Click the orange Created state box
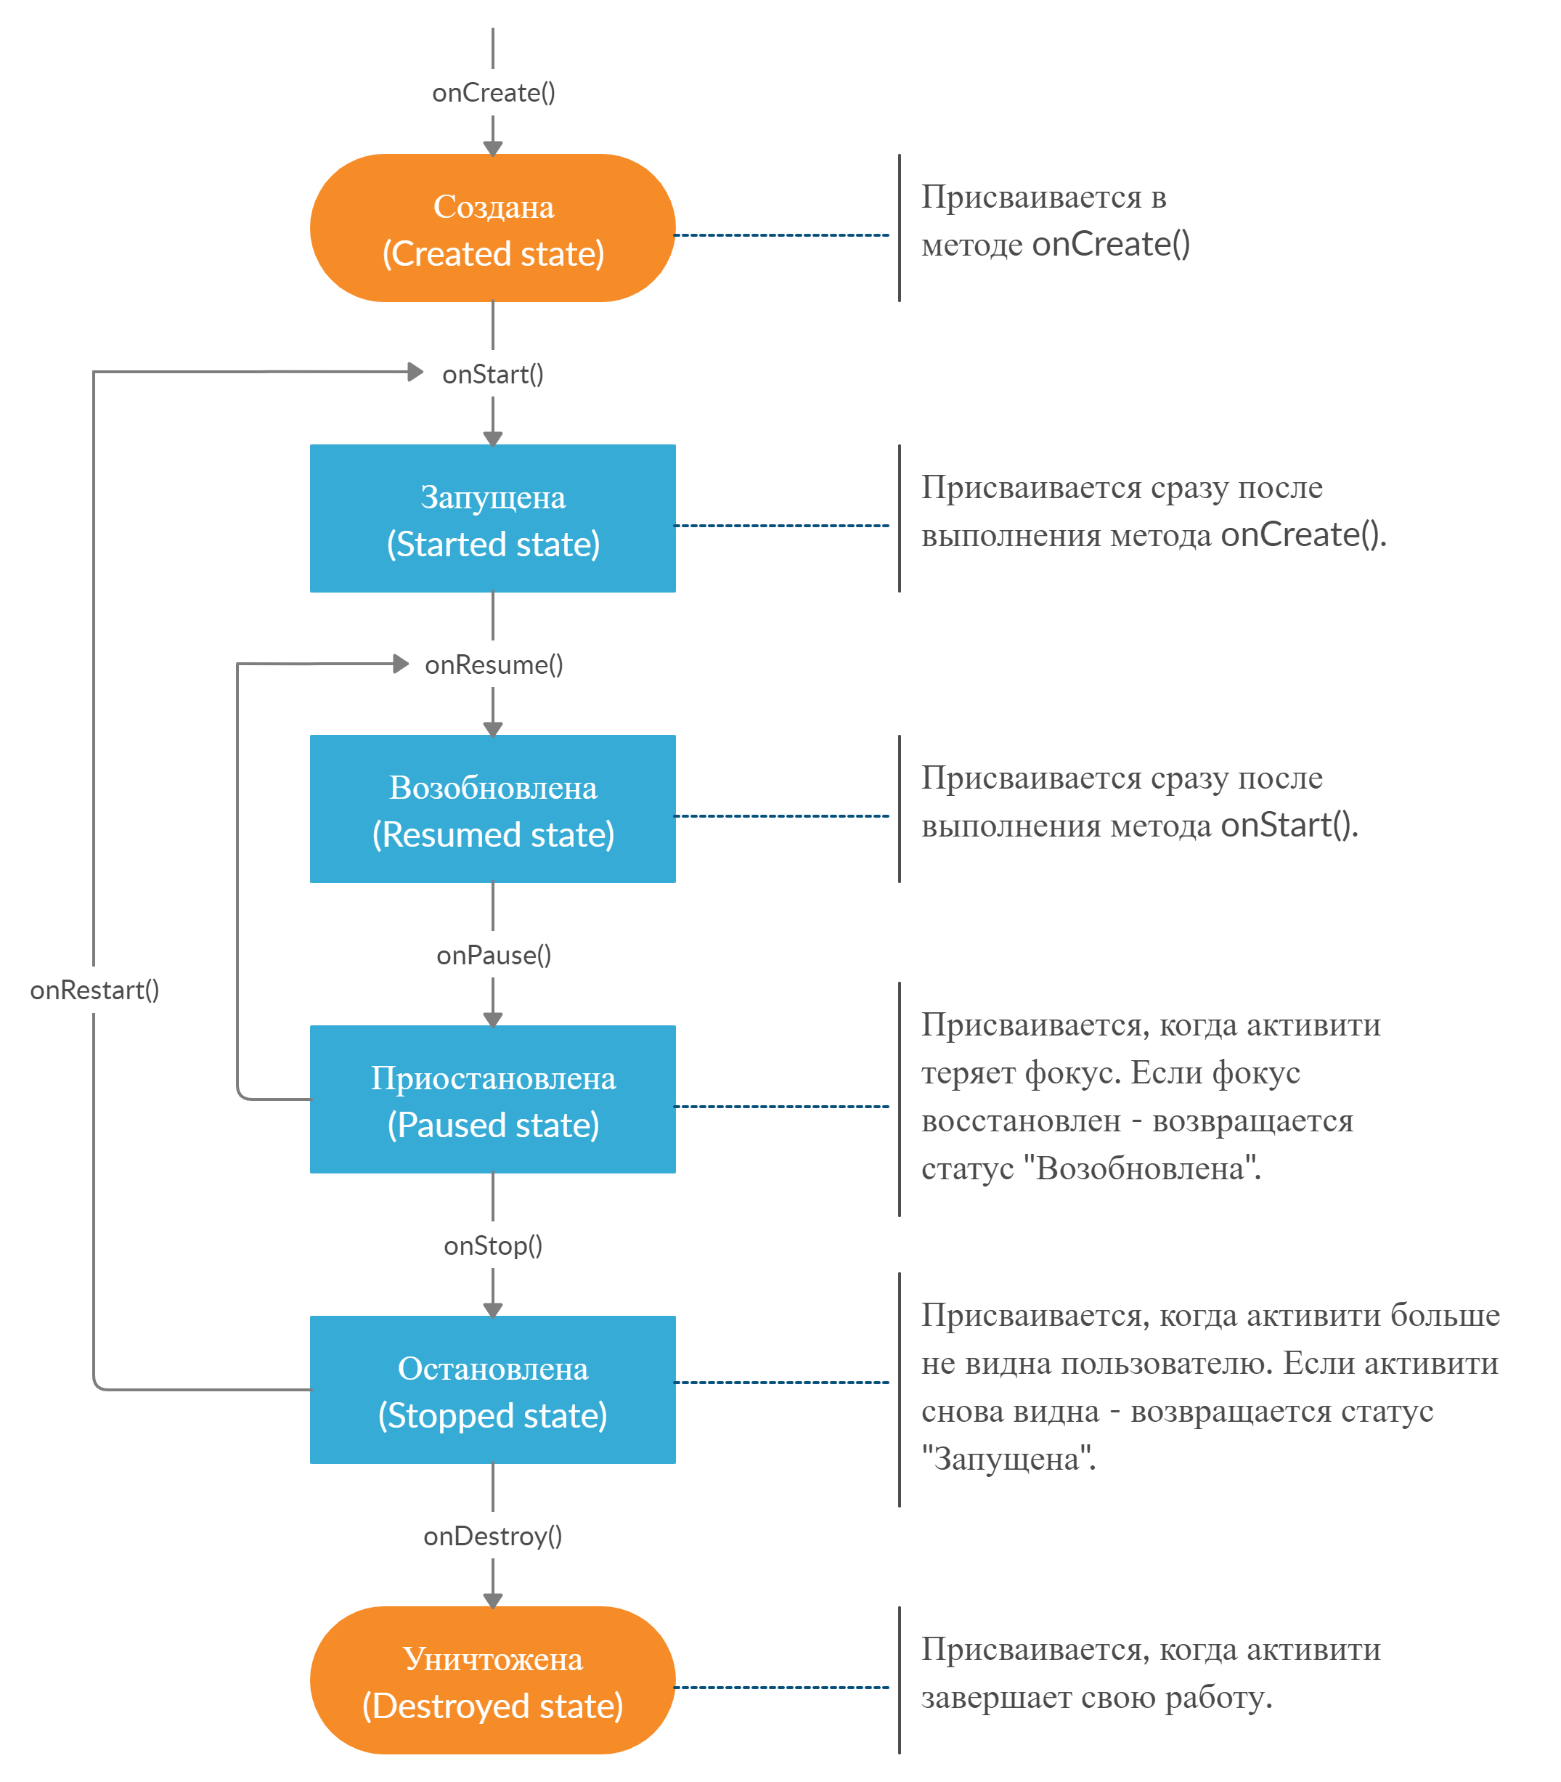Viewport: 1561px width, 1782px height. point(492,228)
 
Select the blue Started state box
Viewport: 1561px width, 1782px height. point(492,518)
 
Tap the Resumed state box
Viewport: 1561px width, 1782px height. point(492,809)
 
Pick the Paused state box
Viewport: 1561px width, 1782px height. point(492,1099)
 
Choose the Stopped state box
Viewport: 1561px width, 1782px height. point(492,1390)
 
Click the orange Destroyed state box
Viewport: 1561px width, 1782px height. point(492,1680)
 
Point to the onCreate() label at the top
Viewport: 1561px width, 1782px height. point(493,92)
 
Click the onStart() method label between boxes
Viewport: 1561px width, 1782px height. point(493,375)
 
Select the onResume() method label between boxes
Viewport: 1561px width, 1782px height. point(494,665)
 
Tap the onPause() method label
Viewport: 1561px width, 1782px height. point(494,956)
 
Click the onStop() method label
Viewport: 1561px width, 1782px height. point(493,1246)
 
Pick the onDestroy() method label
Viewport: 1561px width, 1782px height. point(493,1537)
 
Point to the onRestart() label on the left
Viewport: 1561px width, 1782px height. point(94,990)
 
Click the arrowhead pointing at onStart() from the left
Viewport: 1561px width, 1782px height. point(415,372)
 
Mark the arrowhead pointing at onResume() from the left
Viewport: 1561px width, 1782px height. point(401,664)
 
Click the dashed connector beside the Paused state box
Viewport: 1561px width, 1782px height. point(782,1107)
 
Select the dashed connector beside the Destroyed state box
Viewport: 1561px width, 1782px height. point(782,1688)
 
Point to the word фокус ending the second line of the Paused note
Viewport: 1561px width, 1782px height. point(1256,1073)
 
